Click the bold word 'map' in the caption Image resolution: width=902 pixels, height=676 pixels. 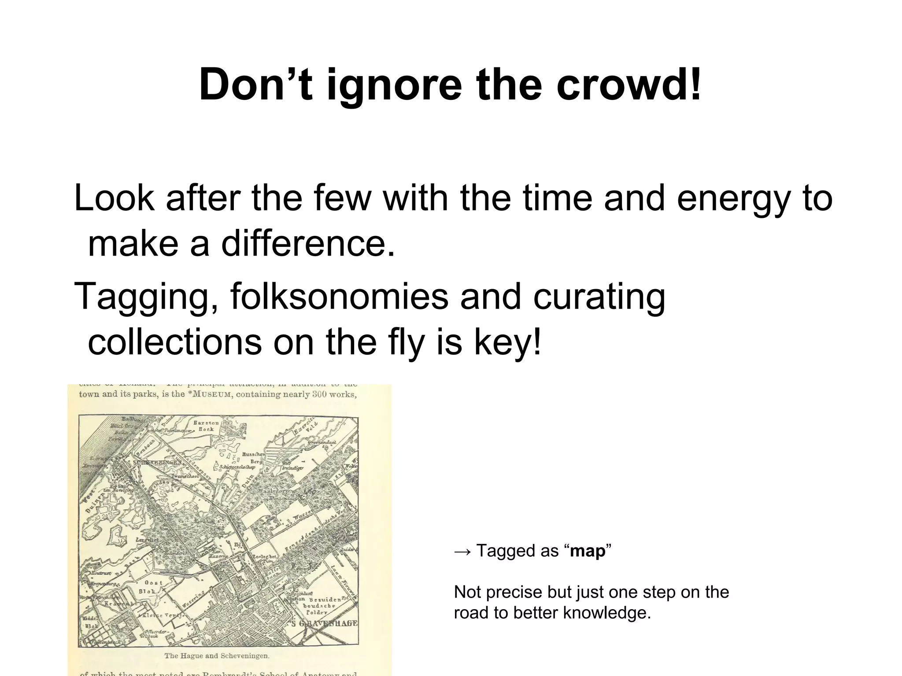click(588, 551)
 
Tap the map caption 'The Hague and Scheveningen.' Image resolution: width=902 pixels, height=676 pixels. click(216, 656)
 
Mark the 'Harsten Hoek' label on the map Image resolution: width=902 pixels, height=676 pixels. click(206, 426)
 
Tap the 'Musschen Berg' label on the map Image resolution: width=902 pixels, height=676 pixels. click(253, 457)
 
